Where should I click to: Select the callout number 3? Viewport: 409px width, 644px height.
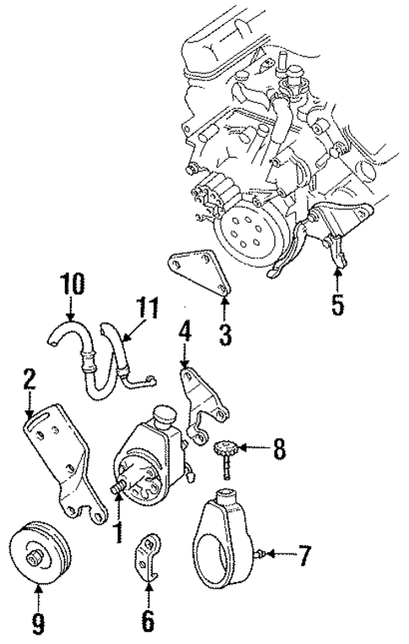223,333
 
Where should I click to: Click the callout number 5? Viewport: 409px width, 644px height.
337,303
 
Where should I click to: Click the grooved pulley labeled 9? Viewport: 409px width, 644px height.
41,556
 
